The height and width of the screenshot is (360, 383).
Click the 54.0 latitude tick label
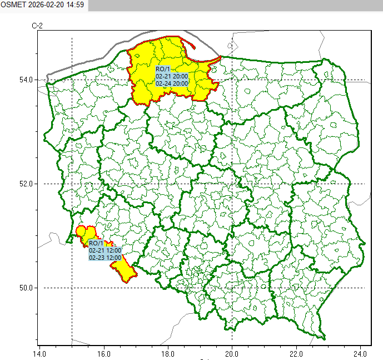[x=26, y=80]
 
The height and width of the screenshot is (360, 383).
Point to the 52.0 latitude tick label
[x=26, y=184]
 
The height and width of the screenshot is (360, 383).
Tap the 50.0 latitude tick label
[x=26, y=288]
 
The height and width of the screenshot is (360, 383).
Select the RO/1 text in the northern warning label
[x=163, y=68]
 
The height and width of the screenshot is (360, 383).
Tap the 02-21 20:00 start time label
[x=172, y=76]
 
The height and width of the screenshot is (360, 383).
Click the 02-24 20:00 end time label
[x=172, y=83]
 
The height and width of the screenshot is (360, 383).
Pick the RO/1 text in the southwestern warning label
[x=96, y=243]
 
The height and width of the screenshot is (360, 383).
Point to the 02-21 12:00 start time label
[x=105, y=250]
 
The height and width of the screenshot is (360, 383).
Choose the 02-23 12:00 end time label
[x=105, y=258]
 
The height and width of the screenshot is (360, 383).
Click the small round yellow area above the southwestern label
[x=81, y=231]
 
